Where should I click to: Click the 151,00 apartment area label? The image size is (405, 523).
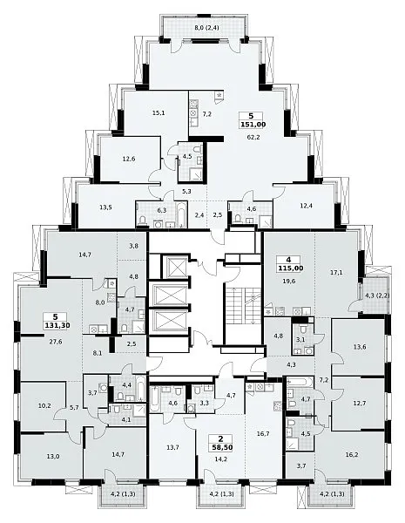pyautogui.click(x=253, y=125)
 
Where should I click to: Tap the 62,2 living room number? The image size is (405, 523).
pyautogui.click(x=253, y=137)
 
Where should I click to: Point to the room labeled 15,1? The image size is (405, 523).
pyautogui.click(x=159, y=112)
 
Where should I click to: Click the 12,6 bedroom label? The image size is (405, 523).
pyautogui.click(x=129, y=159)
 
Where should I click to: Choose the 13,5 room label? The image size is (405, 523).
pyautogui.click(x=105, y=207)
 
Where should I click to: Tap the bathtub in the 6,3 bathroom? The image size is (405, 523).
pyautogui.click(x=182, y=214)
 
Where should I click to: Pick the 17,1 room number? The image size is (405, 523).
pyautogui.click(x=337, y=273)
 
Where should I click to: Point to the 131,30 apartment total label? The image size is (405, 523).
pyautogui.click(x=57, y=325)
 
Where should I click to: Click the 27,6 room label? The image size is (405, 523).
pyautogui.click(x=56, y=342)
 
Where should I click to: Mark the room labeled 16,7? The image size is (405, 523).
pyautogui.click(x=263, y=433)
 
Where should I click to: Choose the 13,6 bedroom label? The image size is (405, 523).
pyautogui.click(x=360, y=347)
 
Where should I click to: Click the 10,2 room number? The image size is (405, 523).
pyautogui.click(x=44, y=406)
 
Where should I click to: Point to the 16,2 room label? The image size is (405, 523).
pyautogui.click(x=352, y=454)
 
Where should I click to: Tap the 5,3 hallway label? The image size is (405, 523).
pyautogui.click(x=186, y=192)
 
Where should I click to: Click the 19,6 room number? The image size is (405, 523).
pyautogui.click(x=290, y=282)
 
